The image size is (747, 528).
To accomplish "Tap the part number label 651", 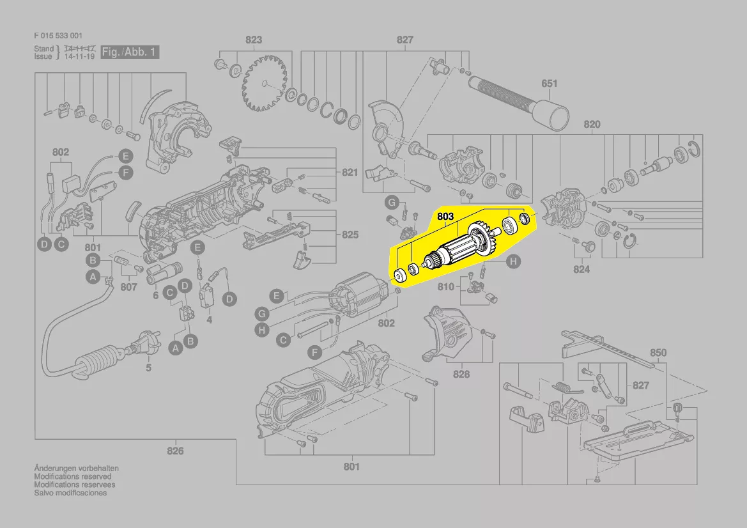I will point(550,83).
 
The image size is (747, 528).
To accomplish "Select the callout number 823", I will point(254,40).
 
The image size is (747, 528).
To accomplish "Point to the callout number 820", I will point(592,125).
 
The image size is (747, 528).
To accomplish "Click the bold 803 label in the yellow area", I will point(445,217).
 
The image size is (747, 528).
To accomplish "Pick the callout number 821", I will point(350,173).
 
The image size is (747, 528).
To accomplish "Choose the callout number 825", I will point(350,235).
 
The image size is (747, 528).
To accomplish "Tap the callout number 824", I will point(581,269).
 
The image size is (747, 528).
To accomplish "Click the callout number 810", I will point(446,286).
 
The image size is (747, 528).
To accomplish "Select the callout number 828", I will point(461,374).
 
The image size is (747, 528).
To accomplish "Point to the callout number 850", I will point(658,352).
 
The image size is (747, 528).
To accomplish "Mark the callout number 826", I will point(175,451).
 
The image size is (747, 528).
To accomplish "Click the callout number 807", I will point(128,287).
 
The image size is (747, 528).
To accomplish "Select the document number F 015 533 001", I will point(58,36).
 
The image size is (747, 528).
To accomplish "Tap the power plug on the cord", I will point(137,349).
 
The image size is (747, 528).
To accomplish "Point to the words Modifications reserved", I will point(72,476).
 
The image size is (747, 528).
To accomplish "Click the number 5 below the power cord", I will point(148,368).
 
